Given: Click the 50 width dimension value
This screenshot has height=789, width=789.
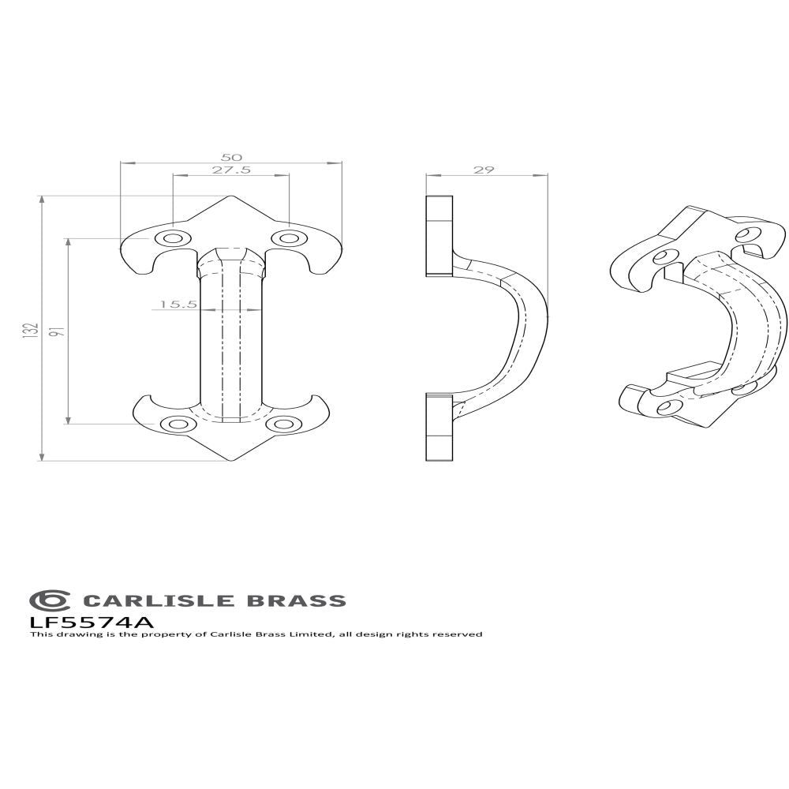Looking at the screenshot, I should click(x=231, y=156).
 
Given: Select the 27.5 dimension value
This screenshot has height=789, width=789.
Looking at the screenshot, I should click(x=231, y=170).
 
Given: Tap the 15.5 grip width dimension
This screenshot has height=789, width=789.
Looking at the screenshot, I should click(x=173, y=303).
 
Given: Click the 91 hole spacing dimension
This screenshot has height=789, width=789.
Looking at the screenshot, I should click(x=56, y=331).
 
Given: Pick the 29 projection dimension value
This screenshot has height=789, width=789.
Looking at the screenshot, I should click(x=484, y=170).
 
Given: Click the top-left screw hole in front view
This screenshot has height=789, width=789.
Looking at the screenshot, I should click(x=171, y=237).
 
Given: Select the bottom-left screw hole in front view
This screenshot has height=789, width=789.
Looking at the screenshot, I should click(x=175, y=424).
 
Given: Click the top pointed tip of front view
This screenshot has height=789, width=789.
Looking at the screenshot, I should click(x=230, y=197).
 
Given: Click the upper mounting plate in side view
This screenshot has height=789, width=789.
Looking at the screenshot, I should click(x=439, y=235).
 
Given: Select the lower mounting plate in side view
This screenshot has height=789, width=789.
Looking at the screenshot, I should click(x=439, y=426).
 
